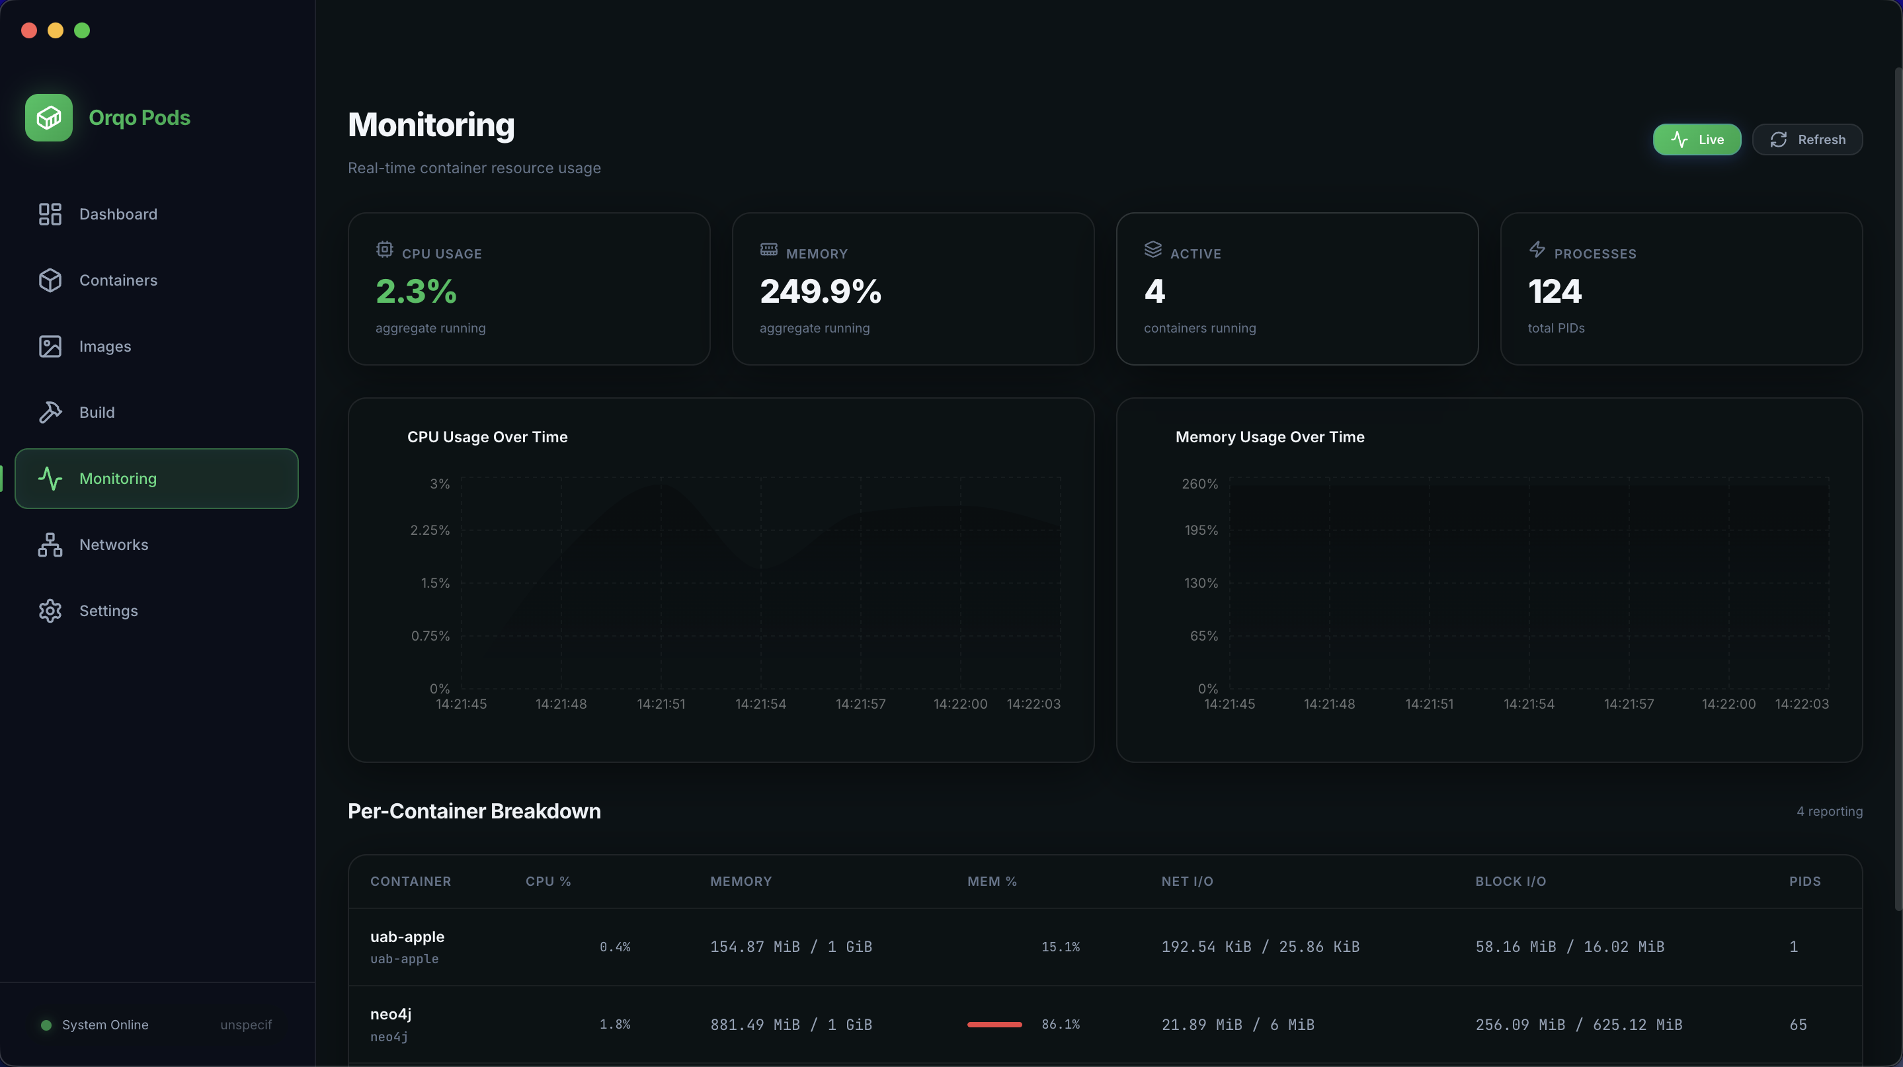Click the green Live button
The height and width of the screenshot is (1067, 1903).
pyautogui.click(x=1696, y=139)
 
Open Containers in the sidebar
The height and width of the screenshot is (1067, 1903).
pyautogui.click(x=118, y=280)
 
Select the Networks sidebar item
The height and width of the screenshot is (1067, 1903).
pyautogui.click(x=113, y=545)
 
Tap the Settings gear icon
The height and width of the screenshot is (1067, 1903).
pyautogui.click(x=50, y=611)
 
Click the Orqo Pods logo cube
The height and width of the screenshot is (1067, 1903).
pyautogui.click(x=49, y=118)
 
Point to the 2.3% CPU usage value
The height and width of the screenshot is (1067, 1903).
pyautogui.click(x=416, y=291)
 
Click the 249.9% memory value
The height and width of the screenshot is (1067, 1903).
pyautogui.click(x=820, y=291)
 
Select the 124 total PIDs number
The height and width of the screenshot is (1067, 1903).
pyautogui.click(x=1555, y=291)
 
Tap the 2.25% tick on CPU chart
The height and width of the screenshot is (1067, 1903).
pyautogui.click(x=430, y=530)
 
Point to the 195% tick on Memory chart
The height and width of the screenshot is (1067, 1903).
pyautogui.click(x=1201, y=530)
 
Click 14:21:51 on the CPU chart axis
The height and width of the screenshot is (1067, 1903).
pyautogui.click(x=661, y=703)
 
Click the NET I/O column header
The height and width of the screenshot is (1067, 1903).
pyautogui.click(x=1186, y=881)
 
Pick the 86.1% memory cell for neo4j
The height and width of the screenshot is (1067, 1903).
pyautogui.click(x=1060, y=1024)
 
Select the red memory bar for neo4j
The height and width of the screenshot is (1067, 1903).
pyautogui.click(x=994, y=1024)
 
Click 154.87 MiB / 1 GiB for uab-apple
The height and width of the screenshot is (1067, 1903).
pyautogui.click(x=790, y=947)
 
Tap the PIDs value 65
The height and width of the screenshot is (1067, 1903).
pyautogui.click(x=1797, y=1024)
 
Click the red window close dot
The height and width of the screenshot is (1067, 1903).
pyautogui.click(x=29, y=30)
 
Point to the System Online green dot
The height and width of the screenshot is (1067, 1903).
pyautogui.click(x=46, y=1025)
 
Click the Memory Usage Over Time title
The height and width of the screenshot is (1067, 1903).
pyautogui.click(x=1269, y=437)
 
